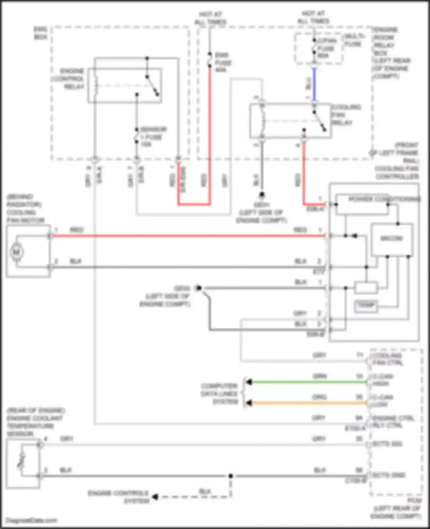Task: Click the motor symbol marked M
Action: click(x=17, y=252)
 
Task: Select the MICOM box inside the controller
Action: click(x=392, y=238)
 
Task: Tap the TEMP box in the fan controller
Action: click(x=366, y=305)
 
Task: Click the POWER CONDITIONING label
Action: click(x=384, y=199)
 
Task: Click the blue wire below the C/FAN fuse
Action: click(x=314, y=85)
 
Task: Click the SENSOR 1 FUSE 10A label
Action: click(x=152, y=137)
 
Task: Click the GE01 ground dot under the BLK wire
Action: click(x=262, y=195)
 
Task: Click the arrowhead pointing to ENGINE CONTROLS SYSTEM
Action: click(x=155, y=497)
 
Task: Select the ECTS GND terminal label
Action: click(x=389, y=475)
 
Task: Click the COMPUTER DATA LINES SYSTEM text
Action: click(x=220, y=394)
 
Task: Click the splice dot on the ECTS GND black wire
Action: click(x=231, y=476)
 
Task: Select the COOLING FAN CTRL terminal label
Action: click(x=387, y=359)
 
